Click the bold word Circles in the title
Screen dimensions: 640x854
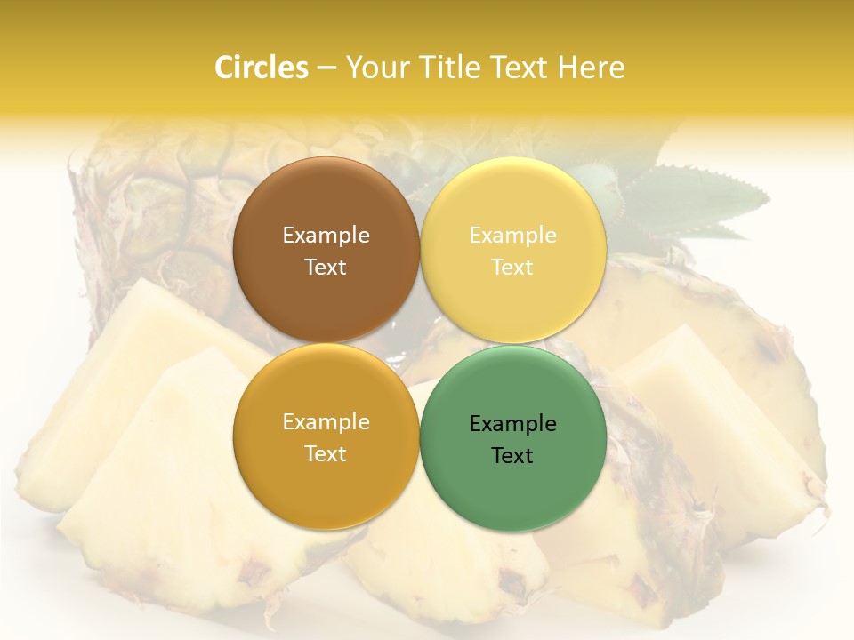tap(261, 68)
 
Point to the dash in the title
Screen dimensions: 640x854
tap(326, 68)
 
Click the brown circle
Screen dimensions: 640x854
tap(326, 204)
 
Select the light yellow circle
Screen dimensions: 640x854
tap(512, 204)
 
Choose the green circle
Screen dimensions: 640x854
tap(512, 484)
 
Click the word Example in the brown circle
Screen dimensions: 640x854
tap(326, 235)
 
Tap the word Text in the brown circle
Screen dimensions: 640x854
tap(326, 267)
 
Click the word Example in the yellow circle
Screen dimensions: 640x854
tap(512, 235)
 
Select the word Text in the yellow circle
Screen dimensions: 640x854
tap(512, 267)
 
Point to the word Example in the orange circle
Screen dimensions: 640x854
tap(326, 421)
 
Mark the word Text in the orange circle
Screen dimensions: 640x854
tap(326, 453)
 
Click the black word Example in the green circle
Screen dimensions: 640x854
tap(512, 423)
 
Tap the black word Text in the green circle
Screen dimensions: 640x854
tap(512, 455)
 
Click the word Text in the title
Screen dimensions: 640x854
tap(520, 68)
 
